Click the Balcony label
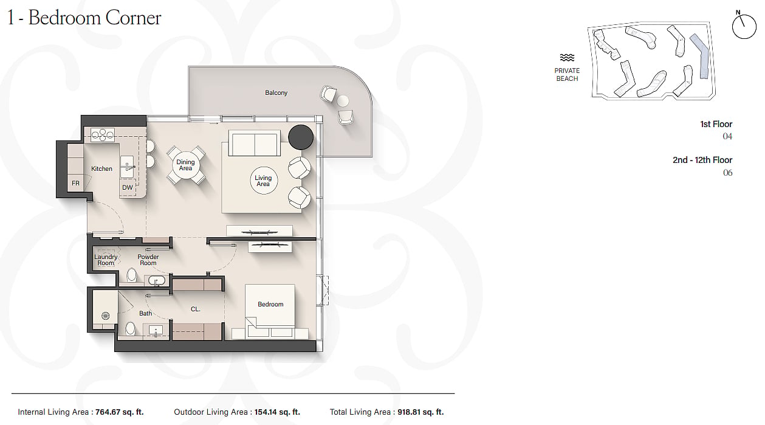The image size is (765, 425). click(x=276, y=92)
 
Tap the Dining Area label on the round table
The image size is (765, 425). click(x=185, y=165)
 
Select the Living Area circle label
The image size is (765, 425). click(x=263, y=181)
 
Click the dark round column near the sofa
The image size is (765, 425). click(x=301, y=137)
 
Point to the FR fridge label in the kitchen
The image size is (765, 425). click(x=75, y=184)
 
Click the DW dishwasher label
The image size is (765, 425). click(x=128, y=187)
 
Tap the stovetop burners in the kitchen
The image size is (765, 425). click(x=103, y=135)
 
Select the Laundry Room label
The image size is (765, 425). click(x=106, y=260)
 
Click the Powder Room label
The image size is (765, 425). click(x=148, y=260)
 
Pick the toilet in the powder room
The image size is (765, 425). click(x=131, y=275)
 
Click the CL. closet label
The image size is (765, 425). click(x=195, y=309)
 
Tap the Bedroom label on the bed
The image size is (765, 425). click(x=270, y=305)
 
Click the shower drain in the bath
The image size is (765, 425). click(x=106, y=316)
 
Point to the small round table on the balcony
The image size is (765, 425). click(x=343, y=101)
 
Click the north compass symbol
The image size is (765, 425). click(x=744, y=26)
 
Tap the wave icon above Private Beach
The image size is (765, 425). click(x=567, y=57)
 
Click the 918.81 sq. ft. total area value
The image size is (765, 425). click(x=420, y=412)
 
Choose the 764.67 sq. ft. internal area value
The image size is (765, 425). click(x=120, y=412)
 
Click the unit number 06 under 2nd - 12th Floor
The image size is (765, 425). click(x=727, y=173)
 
